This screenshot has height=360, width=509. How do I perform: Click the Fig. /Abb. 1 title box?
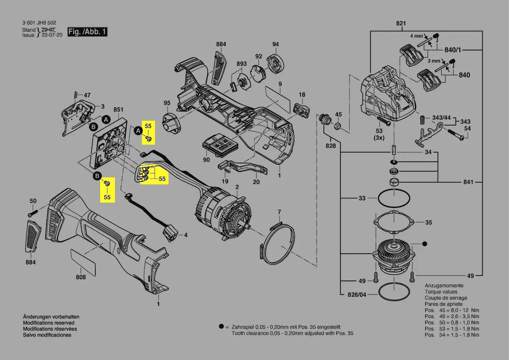point(87,32)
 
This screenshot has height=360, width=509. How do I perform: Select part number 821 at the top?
point(401,23)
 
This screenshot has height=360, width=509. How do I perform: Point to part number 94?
point(275,44)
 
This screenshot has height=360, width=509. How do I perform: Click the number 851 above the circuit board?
point(118,110)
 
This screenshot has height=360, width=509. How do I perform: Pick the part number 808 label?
point(81,277)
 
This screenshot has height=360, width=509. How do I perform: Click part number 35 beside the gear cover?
point(428,222)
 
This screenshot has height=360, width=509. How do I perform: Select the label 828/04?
point(357,295)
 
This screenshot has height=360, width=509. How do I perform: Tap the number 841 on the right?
point(468,182)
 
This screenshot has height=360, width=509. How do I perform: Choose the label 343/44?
point(441,118)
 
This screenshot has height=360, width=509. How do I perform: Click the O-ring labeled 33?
point(394,200)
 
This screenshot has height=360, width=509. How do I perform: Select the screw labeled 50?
point(30,214)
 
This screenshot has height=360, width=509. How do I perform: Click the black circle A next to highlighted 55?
point(138,130)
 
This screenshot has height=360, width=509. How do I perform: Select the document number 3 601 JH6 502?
point(39,23)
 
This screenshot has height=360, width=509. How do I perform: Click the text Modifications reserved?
point(49,323)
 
